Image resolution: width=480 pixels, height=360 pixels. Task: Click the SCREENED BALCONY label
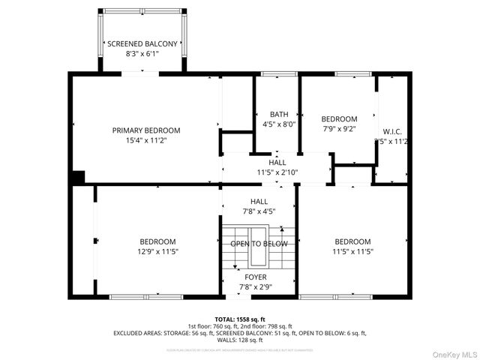pos(142,44)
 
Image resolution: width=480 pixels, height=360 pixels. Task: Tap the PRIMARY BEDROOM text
pos(146,130)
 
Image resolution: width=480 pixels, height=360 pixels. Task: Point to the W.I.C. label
pos(392,131)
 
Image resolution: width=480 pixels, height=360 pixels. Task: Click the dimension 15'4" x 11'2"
pos(146,140)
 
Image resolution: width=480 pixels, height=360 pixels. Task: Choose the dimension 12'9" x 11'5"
pos(157,251)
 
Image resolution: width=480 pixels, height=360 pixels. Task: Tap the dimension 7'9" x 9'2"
pos(339,129)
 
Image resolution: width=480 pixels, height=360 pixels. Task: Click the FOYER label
pos(256,277)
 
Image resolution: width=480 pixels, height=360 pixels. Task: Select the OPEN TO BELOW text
pos(259,244)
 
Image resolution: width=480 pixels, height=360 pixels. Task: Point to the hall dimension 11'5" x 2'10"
pos(277,172)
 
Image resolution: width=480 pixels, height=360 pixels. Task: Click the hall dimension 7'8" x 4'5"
pos(259,211)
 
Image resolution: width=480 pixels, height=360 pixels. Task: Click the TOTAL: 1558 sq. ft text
pos(240,319)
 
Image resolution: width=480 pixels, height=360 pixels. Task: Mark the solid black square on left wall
pos(77,178)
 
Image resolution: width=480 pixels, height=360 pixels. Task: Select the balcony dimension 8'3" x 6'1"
pos(142,54)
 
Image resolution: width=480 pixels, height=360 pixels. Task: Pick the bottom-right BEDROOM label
pos(352,241)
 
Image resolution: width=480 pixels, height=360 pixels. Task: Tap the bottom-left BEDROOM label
pos(157,241)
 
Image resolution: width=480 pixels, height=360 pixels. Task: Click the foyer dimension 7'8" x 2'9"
pos(256,286)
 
